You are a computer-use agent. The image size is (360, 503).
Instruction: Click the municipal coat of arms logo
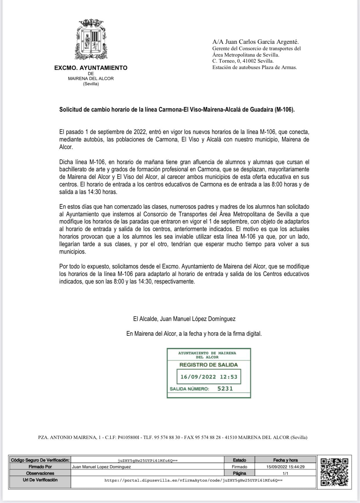pyautogui.click(x=91, y=40)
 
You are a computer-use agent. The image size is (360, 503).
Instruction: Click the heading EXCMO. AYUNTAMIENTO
pyautogui.click(x=91, y=68)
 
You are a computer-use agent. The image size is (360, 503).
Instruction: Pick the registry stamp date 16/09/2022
pyautogui.click(x=198, y=377)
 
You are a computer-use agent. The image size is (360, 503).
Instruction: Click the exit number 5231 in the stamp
pyautogui.click(x=225, y=388)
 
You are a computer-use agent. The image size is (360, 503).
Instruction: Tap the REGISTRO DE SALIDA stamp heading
pyautogui.click(x=208, y=365)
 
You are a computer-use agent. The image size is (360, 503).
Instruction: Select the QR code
pyautogui.click(x=334, y=472)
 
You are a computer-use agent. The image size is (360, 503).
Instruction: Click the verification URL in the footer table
pyautogui.click(x=193, y=480)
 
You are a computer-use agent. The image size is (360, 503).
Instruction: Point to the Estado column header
pyautogui.click(x=239, y=460)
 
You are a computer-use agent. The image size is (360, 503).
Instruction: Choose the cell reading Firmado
pyautogui.click(x=239, y=467)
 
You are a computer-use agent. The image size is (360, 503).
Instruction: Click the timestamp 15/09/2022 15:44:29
pyautogui.click(x=285, y=467)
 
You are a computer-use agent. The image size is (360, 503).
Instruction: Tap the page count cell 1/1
pyautogui.click(x=285, y=473)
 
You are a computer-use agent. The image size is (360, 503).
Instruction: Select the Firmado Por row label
pyautogui.click(x=40, y=467)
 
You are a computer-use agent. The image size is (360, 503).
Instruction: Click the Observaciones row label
pyautogui.click(x=40, y=473)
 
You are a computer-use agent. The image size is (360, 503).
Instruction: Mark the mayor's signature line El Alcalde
pyautogui.click(x=184, y=319)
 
